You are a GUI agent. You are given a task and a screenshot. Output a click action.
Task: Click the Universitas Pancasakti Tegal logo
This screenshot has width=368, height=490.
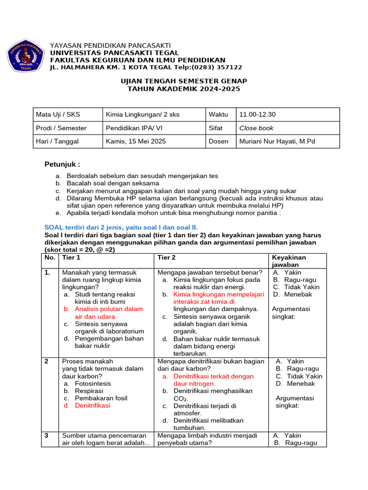pyautogui.click(x=25, y=56)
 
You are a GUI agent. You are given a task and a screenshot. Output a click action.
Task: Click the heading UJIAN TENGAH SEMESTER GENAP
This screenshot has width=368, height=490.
pyautogui.click(x=184, y=81)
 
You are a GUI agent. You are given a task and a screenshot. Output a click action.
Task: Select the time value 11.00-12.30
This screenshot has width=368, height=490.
pyautogui.click(x=257, y=114)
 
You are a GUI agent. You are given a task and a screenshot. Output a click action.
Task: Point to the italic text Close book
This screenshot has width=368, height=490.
pyautogui.click(x=256, y=128)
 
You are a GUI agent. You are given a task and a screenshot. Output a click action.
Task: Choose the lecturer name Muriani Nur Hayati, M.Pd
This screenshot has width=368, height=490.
pyautogui.click(x=277, y=141)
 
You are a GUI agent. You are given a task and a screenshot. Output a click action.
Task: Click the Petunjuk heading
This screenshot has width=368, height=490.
pyautogui.click(x=62, y=164)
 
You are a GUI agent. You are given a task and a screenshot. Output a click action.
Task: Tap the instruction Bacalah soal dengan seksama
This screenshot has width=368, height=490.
pyautogui.click(x=113, y=183)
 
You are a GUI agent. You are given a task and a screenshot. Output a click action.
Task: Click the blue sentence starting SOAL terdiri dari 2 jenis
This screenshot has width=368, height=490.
pyautogui.click(x=121, y=227)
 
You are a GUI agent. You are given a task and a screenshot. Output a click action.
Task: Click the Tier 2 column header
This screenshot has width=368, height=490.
pyautogui.click(x=167, y=257)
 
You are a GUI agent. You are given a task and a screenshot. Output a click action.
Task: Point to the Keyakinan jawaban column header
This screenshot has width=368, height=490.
pyautogui.click(x=289, y=261)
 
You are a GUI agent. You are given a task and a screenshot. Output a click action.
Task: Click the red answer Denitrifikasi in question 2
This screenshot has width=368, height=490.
pyautogui.click(x=92, y=405)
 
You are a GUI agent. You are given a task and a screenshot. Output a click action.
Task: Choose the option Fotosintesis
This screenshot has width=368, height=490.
pyautogui.click(x=93, y=383)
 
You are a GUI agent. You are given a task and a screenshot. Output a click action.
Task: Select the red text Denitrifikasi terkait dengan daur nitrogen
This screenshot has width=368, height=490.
pyautogui.click(x=213, y=379)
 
